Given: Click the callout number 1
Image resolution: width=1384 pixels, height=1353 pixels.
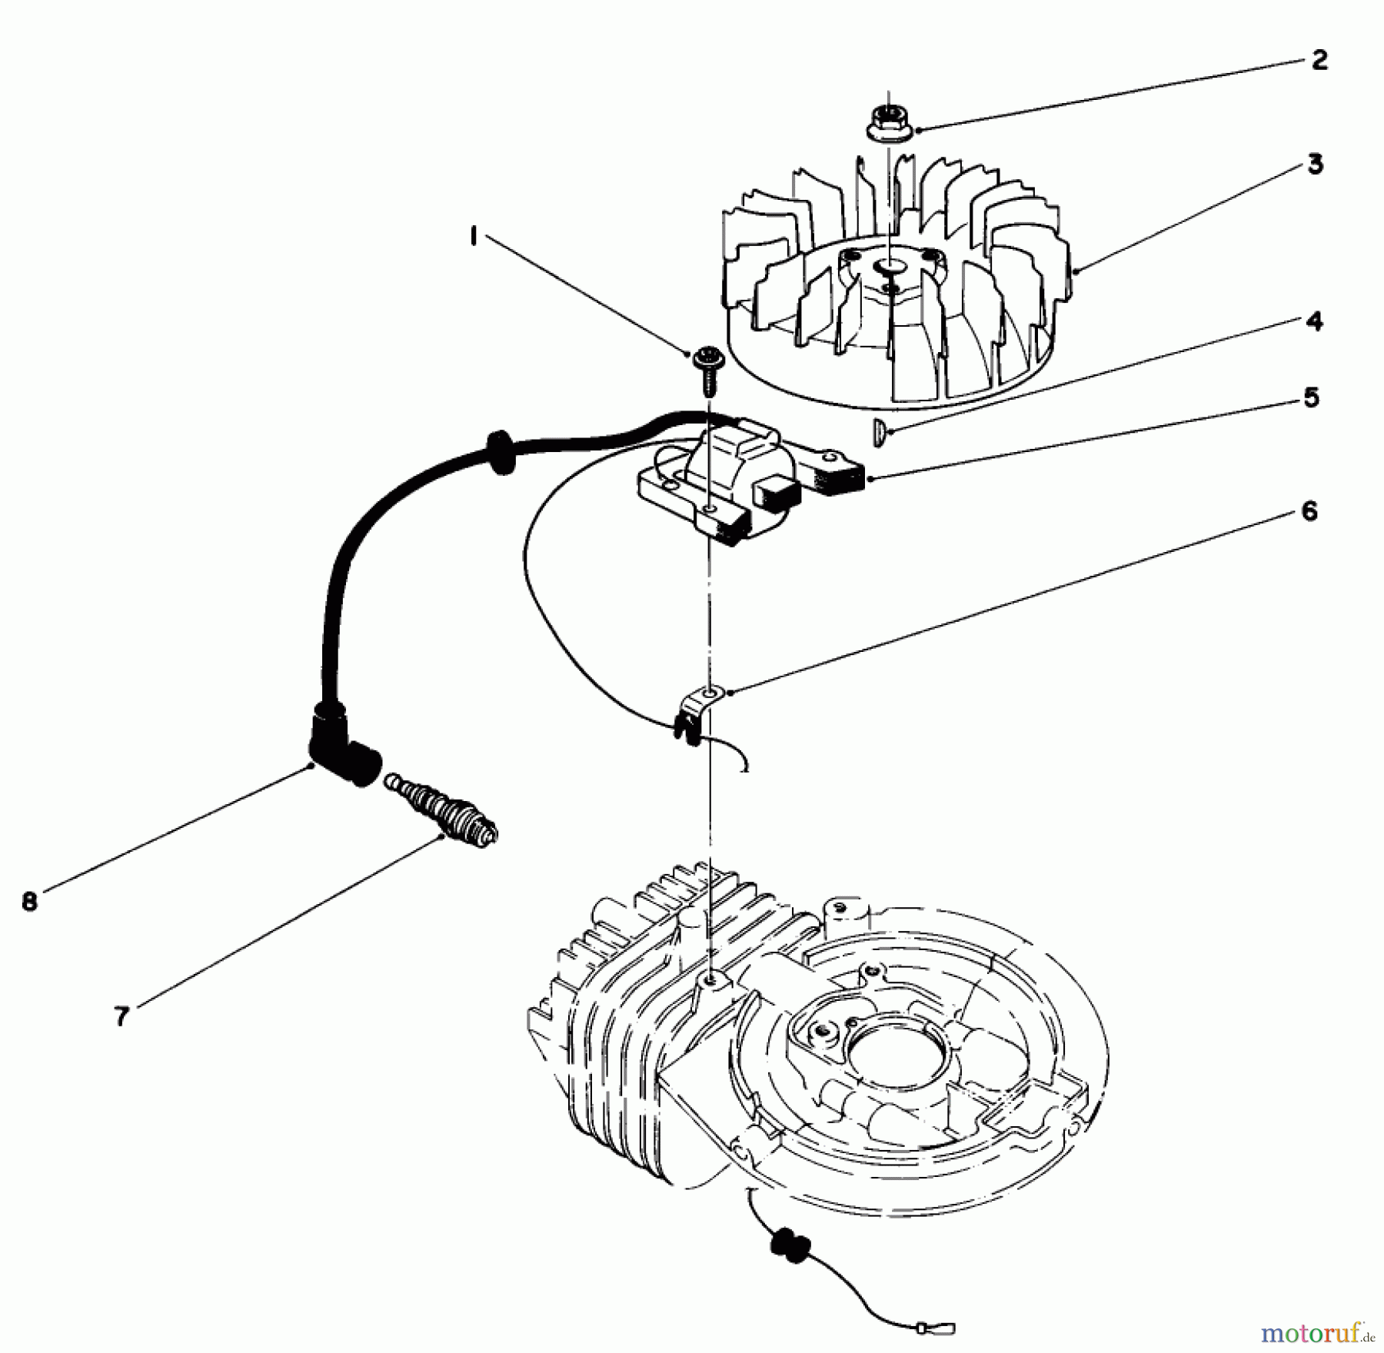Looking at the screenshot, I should [474, 236].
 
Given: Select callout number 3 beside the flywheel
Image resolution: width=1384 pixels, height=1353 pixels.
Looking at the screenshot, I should [1316, 164].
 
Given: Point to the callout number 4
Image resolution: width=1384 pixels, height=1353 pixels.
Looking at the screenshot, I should [1315, 321].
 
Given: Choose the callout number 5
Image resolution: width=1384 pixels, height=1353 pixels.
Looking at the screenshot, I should [1311, 398].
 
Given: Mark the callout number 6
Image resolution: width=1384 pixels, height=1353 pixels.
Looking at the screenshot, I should [1309, 511].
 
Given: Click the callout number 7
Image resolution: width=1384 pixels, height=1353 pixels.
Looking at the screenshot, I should [121, 1017].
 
